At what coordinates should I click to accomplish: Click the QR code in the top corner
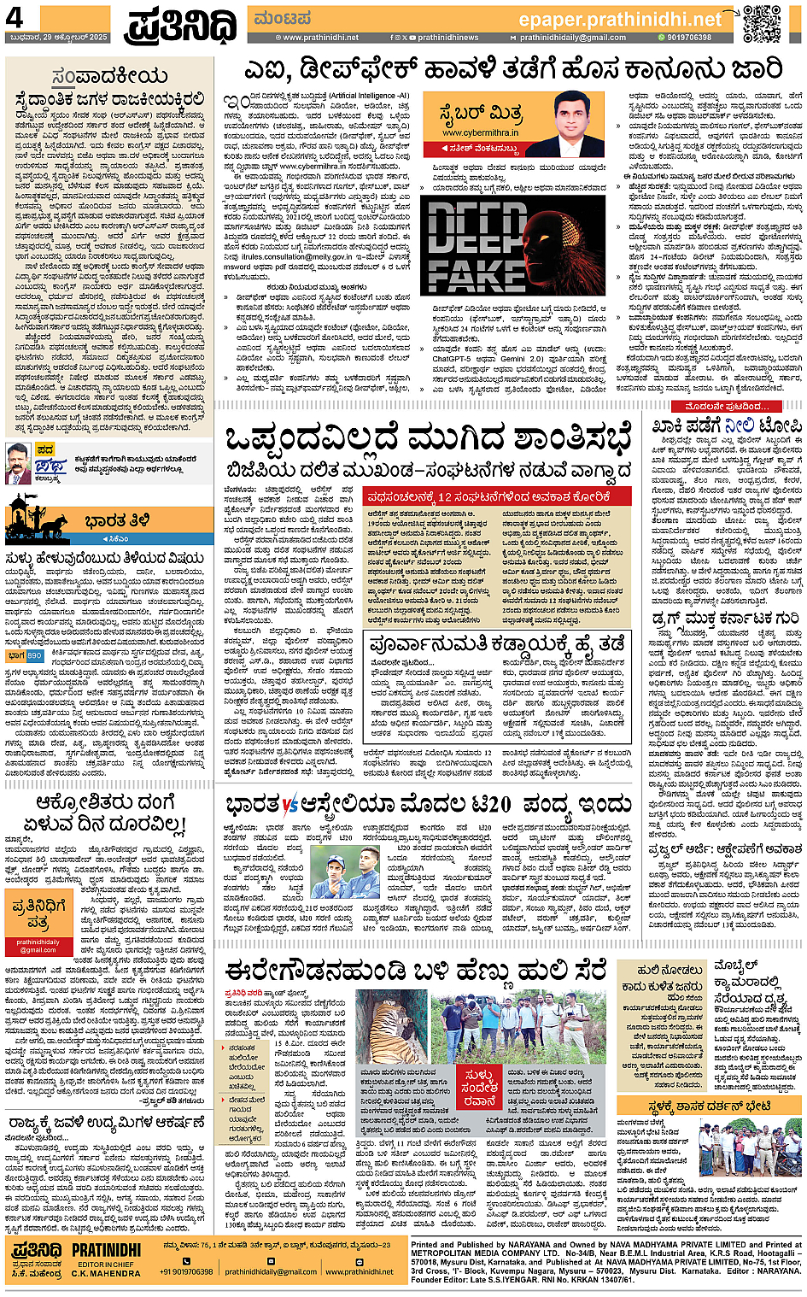(761, 23)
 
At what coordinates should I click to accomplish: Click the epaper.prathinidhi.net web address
(620, 19)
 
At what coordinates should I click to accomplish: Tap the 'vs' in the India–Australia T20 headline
(289, 805)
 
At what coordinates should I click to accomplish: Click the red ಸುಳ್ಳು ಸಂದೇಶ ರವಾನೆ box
(479, 1088)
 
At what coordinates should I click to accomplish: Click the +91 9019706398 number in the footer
(186, 1271)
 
